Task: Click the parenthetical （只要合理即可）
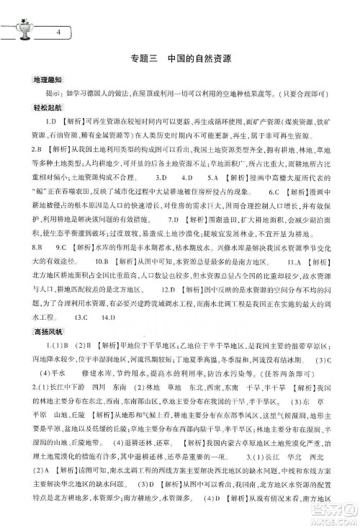click(x=301, y=92)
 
